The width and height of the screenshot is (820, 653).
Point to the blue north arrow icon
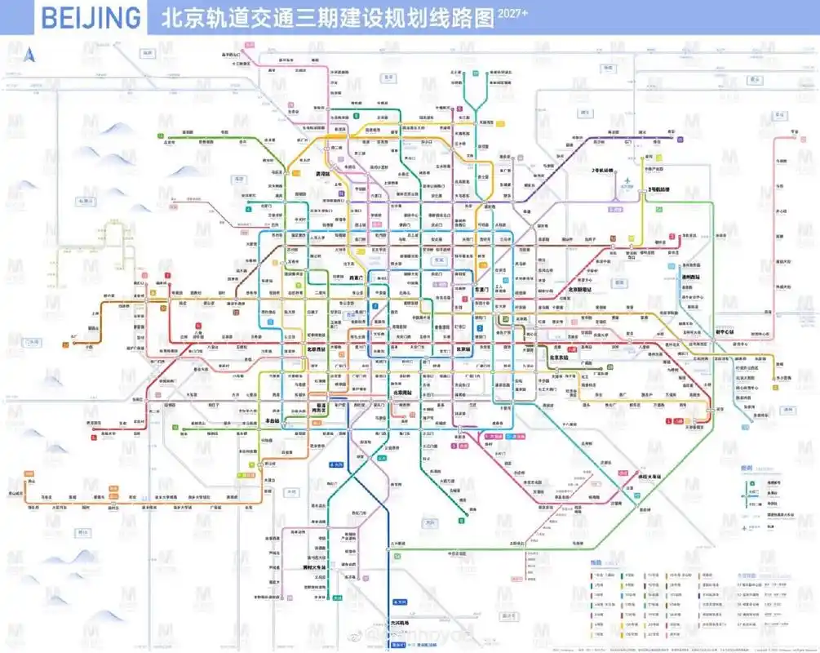point(30,55)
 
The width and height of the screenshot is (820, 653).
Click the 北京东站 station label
point(559,357)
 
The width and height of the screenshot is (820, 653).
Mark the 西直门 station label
point(356,278)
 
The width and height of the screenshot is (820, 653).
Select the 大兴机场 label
point(398,623)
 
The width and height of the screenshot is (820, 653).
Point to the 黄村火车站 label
point(313,566)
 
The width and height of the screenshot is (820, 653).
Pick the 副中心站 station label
point(725,332)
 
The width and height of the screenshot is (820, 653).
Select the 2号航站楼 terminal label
point(602,171)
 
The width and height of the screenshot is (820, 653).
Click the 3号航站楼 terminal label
point(658,189)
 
